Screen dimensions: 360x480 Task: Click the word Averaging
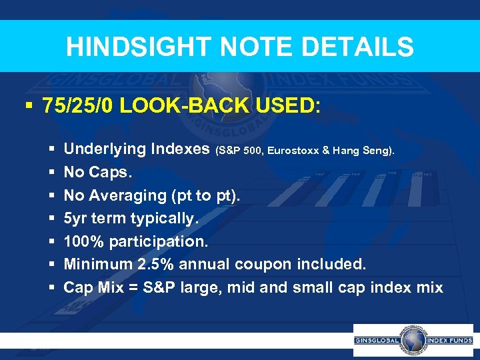click(x=121, y=195)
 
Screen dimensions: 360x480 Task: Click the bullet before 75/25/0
click(x=27, y=107)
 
